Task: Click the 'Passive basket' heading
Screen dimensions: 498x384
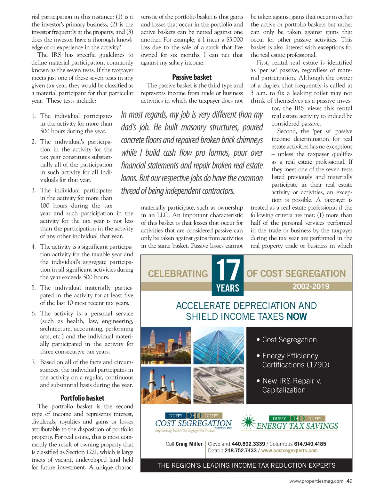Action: [x=192, y=77]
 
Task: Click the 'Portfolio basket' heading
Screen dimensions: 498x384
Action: [x=82, y=398]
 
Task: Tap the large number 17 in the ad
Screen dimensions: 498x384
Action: [x=228, y=270]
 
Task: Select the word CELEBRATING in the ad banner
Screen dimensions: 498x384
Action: [x=178, y=274]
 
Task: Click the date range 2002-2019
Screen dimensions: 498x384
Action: [x=311, y=286]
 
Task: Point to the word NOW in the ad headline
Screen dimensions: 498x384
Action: [x=297, y=316]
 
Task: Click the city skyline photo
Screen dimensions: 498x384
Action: [x=166, y=346]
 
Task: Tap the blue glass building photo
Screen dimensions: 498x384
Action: [x=219, y=346]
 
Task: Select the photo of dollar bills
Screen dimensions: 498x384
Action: [x=219, y=385]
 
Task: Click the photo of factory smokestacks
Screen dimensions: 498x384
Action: [x=166, y=385]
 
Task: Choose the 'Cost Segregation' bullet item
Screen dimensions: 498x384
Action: [x=289, y=340]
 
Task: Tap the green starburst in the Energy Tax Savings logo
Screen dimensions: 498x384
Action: [x=248, y=422]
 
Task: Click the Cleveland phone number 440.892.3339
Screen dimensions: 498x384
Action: [x=248, y=444]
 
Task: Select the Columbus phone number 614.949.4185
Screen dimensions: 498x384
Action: [x=310, y=444]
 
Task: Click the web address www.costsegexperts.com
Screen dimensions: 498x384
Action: [x=289, y=451]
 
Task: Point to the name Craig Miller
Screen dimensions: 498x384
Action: [x=189, y=444]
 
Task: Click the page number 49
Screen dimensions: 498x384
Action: [x=349, y=481]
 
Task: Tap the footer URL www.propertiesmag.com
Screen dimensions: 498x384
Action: [x=316, y=481]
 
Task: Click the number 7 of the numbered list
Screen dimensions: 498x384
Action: [x=34, y=362]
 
